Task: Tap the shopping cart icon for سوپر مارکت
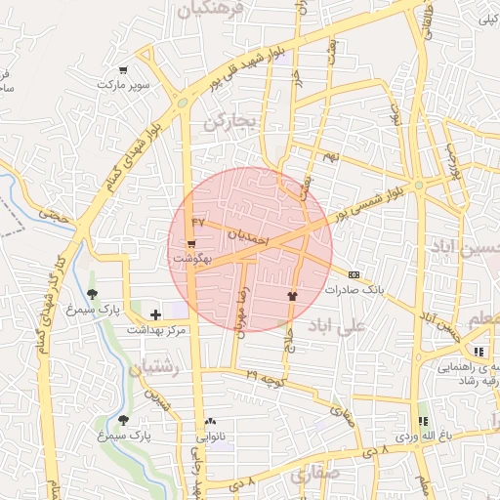tap(123, 69)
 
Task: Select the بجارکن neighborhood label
tap(229, 122)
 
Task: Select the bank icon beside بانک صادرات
tap(354, 274)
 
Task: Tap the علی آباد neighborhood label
tap(336, 325)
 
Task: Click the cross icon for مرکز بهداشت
tap(155, 314)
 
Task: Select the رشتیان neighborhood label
tap(150, 366)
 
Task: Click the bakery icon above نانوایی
tap(210, 421)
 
